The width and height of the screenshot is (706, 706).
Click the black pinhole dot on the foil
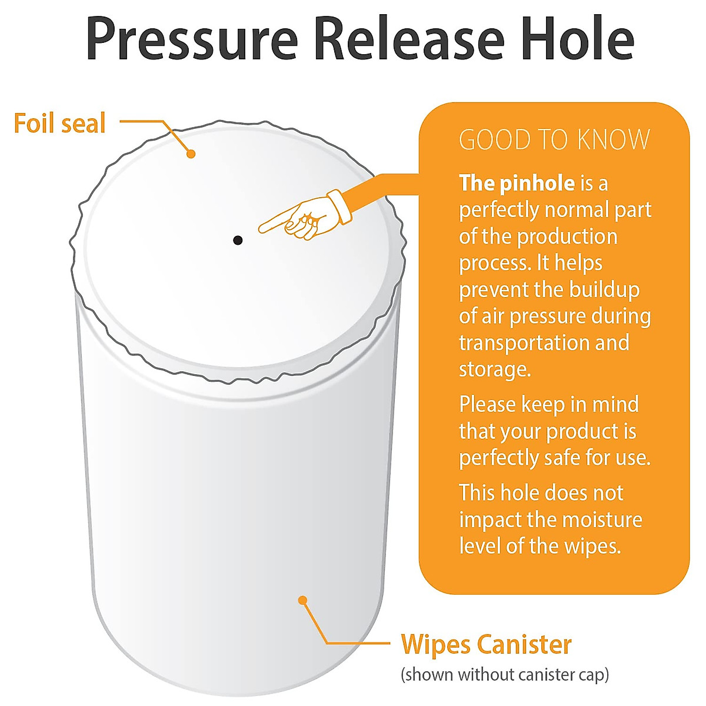(x=238, y=240)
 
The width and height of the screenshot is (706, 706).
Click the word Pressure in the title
(x=192, y=39)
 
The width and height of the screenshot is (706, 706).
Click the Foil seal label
(x=59, y=124)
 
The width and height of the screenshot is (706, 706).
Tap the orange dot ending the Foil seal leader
(x=191, y=154)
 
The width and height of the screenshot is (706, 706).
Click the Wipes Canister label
(x=486, y=644)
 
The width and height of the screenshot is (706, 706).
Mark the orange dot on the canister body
(x=303, y=600)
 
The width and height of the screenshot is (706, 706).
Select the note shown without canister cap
(x=504, y=674)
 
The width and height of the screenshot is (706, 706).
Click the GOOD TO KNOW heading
(x=554, y=140)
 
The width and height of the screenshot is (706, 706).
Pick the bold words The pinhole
(x=517, y=184)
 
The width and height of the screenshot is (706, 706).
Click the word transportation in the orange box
(x=525, y=342)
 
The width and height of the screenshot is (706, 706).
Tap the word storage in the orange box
(x=493, y=369)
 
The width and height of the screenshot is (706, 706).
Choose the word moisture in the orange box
(x=601, y=519)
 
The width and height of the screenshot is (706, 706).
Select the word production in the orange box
(x=567, y=237)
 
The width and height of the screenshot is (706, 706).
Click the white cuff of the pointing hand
(x=339, y=205)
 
